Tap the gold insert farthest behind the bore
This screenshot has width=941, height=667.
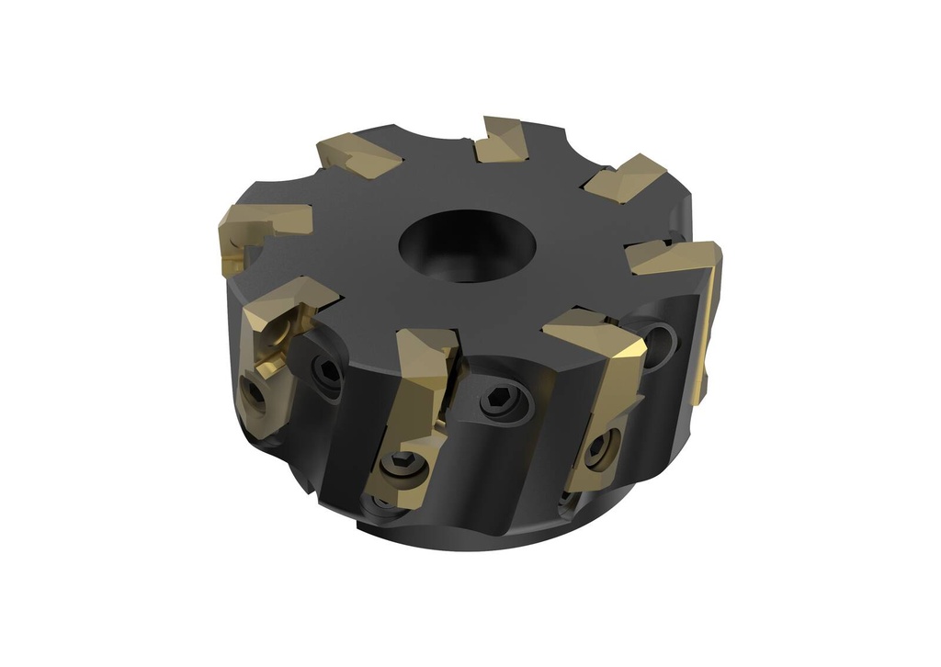click(502, 141)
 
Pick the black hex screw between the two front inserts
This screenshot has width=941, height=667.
click(504, 401)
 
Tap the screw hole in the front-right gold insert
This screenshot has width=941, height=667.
click(599, 447)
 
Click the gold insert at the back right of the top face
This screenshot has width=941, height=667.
click(625, 178)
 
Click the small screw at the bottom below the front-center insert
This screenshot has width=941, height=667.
click(379, 503)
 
